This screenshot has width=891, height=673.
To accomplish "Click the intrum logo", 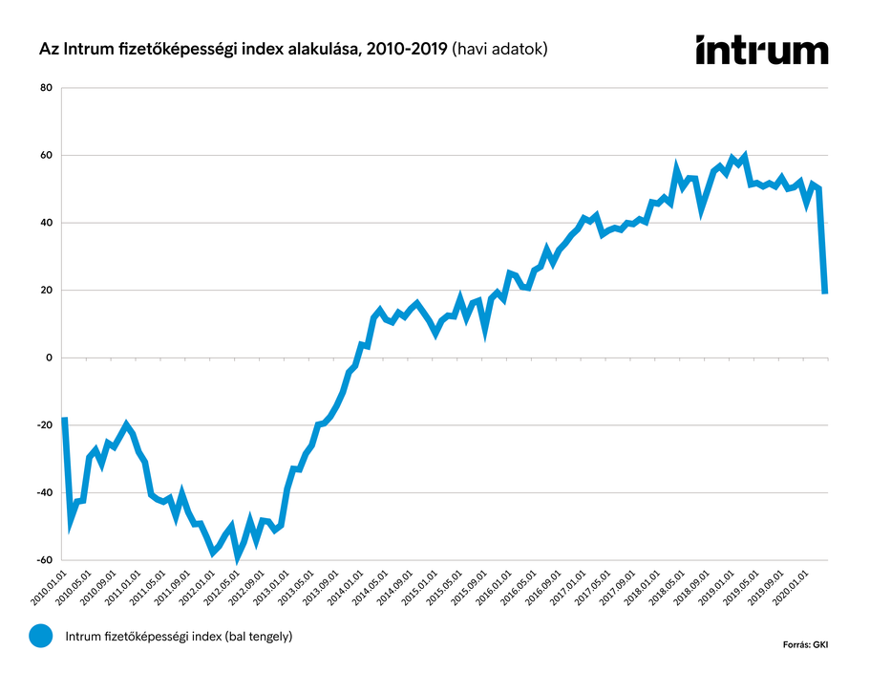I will [761, 50].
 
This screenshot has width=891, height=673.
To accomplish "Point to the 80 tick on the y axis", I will [46, 88].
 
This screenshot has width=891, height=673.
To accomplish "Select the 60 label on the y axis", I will [46, 155].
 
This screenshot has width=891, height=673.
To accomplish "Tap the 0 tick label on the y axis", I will [49, 358].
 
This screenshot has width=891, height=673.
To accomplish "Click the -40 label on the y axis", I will [44, 492].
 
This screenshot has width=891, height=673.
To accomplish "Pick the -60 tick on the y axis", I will [44, 560].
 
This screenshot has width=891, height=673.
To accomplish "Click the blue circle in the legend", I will [41, 636].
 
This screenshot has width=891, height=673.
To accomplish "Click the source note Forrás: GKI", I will [805, 645].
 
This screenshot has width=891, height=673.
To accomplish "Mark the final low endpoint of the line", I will [824, 292].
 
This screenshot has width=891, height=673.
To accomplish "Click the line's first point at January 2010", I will [64, 419].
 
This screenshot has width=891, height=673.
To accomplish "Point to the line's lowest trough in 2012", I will [238, 555].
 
